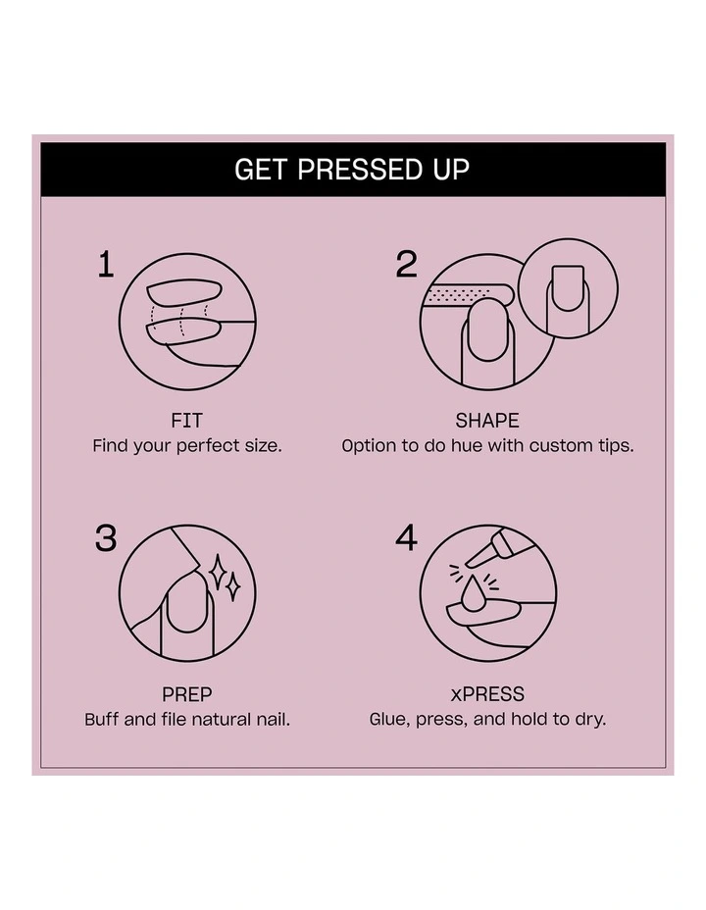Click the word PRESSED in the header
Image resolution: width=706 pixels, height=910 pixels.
pyautogui.click(x=360, y=170)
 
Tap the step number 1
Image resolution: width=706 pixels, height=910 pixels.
pyautogui.click(x=106, y=265)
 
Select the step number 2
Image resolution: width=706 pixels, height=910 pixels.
pyautogui.click(x=407, y=265)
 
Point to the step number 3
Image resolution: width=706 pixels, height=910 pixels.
pyautogui.click(x=106, y=538)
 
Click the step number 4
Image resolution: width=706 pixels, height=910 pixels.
pyautogui.click(x=406, y=538)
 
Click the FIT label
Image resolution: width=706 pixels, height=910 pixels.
pyautogui.click(x=187, y=420)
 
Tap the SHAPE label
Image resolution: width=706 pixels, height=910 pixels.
pyautogui.click(x=487, y=420)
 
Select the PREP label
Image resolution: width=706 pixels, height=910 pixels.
pyautogui.click(x=187, y=694)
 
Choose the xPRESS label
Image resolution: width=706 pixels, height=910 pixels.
pyautogui.click(x=487, y=694)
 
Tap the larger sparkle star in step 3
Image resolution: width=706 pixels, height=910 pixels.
pyautogui.click(x=218, y=572)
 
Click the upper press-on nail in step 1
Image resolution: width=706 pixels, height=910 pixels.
pyautogui.click(x=184, y=292)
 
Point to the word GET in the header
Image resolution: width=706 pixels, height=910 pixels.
pyautogui.click(x=261, y=170)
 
